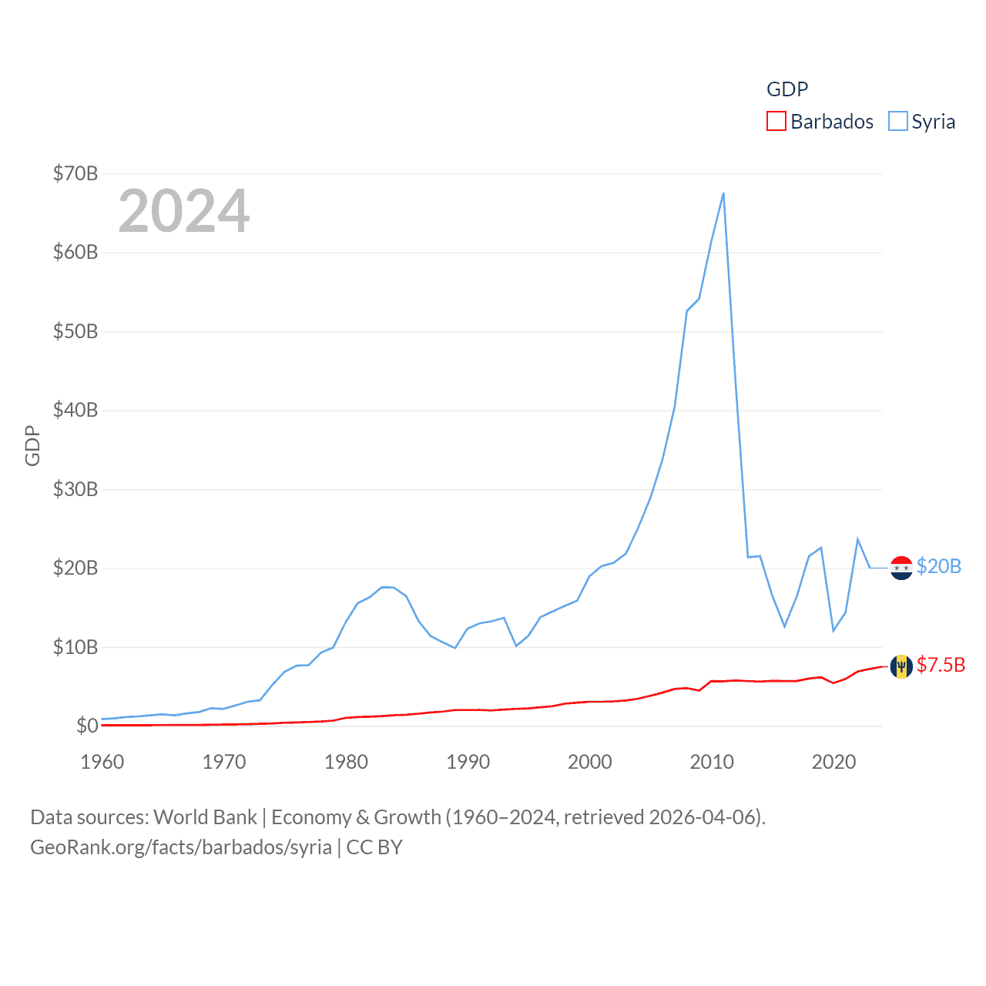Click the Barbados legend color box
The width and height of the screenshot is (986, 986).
coord(776,122)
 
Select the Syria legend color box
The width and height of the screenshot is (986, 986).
coord(897,122)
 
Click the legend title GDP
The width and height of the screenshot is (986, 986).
coord(786,89)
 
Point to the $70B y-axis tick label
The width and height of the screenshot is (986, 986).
coord(75,173)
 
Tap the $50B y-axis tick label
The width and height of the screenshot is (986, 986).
coord(75,331)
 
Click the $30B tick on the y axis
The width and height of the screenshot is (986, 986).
coord(75,489)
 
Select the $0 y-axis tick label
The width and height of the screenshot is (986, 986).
coord(87,726)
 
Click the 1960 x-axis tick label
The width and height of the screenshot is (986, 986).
coord(102,762)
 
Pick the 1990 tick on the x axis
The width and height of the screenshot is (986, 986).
coord(468,762)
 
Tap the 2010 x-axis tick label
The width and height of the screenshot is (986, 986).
coord(712,762)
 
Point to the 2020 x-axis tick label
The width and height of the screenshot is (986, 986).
coord(833,762)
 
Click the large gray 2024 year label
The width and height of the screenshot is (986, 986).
coord(184,211)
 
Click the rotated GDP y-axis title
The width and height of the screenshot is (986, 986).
coord(32,445)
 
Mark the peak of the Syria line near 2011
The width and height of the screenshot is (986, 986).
coord(723,193)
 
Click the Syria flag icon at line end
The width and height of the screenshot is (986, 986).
coord(901,568)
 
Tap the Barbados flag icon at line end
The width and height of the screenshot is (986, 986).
coord(901,666)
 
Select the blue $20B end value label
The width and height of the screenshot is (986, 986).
coord(939,567)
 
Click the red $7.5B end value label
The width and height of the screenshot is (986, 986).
coord(941,665)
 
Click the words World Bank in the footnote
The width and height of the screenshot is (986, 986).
coord(205,817)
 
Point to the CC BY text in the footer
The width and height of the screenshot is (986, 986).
coord(374,847)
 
